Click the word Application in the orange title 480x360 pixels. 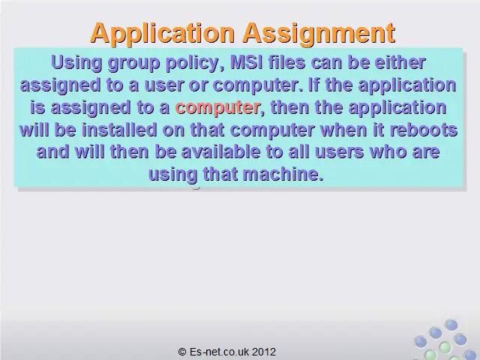162,34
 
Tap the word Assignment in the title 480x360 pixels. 319,34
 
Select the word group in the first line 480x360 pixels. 133,63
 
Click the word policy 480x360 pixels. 195,63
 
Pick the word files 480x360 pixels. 286,61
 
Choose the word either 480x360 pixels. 400,61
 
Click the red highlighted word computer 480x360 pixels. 217,108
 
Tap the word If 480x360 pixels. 313,84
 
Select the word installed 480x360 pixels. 119,130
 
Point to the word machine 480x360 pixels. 283,174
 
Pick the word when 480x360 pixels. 343,130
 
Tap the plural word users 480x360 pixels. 339,152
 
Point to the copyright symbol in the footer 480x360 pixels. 182,352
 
